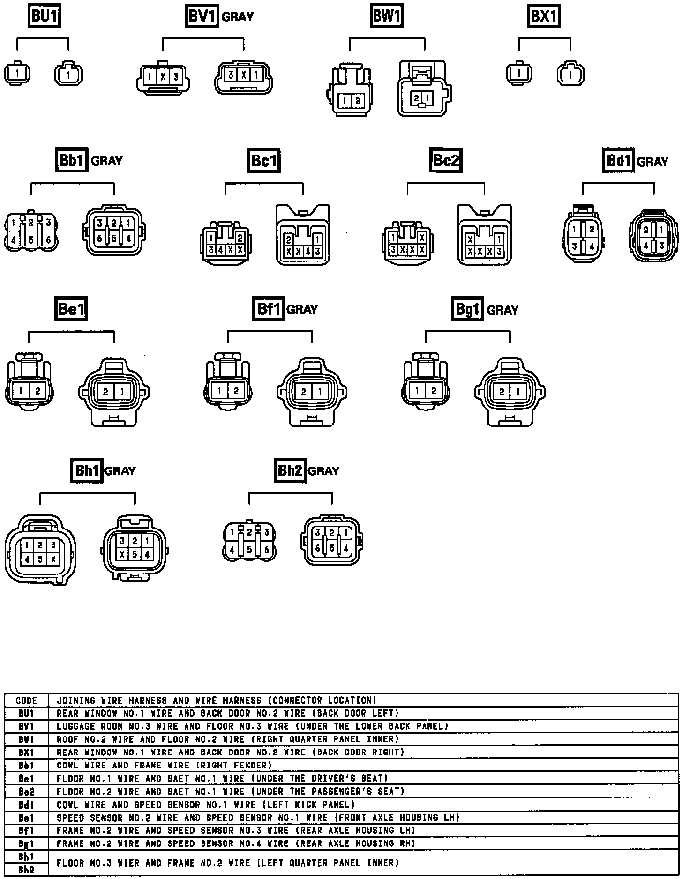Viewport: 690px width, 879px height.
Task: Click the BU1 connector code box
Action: coord(45,16)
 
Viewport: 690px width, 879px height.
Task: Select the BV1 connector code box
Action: coord(202,16)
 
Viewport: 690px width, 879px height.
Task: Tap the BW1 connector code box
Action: coord(386,16)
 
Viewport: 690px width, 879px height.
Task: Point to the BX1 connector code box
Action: coord(543,16)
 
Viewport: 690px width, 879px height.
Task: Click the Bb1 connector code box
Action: coord(71,160)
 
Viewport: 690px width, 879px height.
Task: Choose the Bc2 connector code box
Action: coord(445,160)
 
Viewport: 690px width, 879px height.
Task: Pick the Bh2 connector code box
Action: coord(290,470)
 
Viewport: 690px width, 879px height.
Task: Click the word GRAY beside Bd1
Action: coord(652,162)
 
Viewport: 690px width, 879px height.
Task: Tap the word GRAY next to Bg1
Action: coord(502,310)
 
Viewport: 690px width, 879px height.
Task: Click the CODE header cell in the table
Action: coord(26,700)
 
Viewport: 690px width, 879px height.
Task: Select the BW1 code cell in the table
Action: coord(26,739)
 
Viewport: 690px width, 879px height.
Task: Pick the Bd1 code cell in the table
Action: coord(26,805)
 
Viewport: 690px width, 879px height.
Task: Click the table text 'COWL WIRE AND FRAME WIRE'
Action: coord(123,765)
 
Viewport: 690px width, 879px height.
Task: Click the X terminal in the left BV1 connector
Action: coord(163,77)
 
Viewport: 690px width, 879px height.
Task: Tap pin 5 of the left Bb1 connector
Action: coord(31,240)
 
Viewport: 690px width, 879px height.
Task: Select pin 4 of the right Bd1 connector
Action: coord(646,245)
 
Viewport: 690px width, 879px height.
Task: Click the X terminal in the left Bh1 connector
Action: coord(53,559)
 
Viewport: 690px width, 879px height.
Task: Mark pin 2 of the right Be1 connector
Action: coord(105,391)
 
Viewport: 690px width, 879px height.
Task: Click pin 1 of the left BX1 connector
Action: coord(519,74)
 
